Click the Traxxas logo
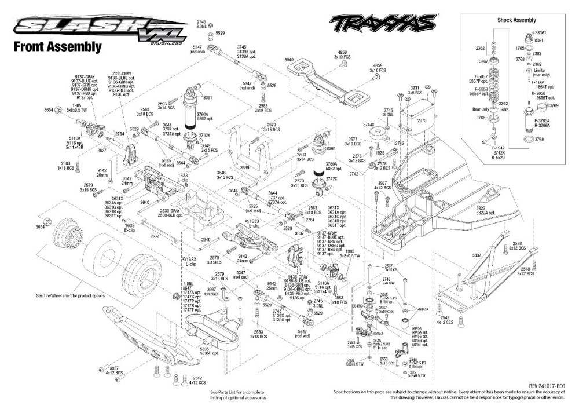tap(382, 24)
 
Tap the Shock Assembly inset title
tap(516, 20)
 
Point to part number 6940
tap(289, 60)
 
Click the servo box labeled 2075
tap(421, 120)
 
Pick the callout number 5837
tap(477, 255)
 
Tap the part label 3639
tap(245, 168)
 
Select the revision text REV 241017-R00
tap(547, 386)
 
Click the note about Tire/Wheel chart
tap(71, 295)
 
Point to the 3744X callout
tap(369, 125)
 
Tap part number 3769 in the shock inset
tap(554, 105)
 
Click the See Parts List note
tap(239, 395)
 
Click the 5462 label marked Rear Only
tap(504, 109)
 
